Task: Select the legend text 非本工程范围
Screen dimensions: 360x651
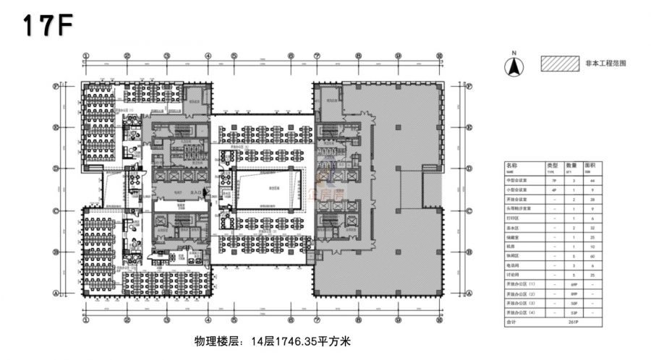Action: pyautogui.click(x=605, y=64)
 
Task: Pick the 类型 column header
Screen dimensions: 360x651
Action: pyautogui.click(x=551, y=166)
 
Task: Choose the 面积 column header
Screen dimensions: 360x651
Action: pyautogui.click(x=590, y=166)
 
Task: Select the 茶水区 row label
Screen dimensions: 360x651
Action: pyautogui.click(x=512, y=227)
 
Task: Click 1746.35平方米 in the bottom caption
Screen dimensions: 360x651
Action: pyautogui.click(x=315, y=340)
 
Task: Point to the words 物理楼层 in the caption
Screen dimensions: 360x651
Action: pyautogui.click(x=213, y=340)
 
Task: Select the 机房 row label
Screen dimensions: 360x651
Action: pyautogui.click(x=510, y=247)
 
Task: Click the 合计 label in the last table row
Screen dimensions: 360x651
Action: pyautogui.click(x=510, y=321)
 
